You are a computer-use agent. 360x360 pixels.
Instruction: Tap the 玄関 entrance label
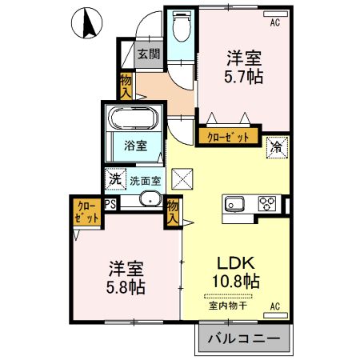(147, 54)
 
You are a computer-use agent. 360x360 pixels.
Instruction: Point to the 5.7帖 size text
(244, 77)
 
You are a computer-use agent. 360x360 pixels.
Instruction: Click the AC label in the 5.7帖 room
(274, 22)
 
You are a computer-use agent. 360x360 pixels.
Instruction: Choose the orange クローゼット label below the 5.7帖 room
(229, 137)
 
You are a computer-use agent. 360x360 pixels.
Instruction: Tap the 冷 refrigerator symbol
(276, 147)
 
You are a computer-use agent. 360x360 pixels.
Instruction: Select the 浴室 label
(134, 146)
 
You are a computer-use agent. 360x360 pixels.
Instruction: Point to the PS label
(111, 204)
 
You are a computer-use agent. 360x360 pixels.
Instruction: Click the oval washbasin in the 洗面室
(149, 201)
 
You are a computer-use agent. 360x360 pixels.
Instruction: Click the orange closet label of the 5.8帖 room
(86, 210)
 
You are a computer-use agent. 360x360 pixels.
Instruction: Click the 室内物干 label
(227, 304)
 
